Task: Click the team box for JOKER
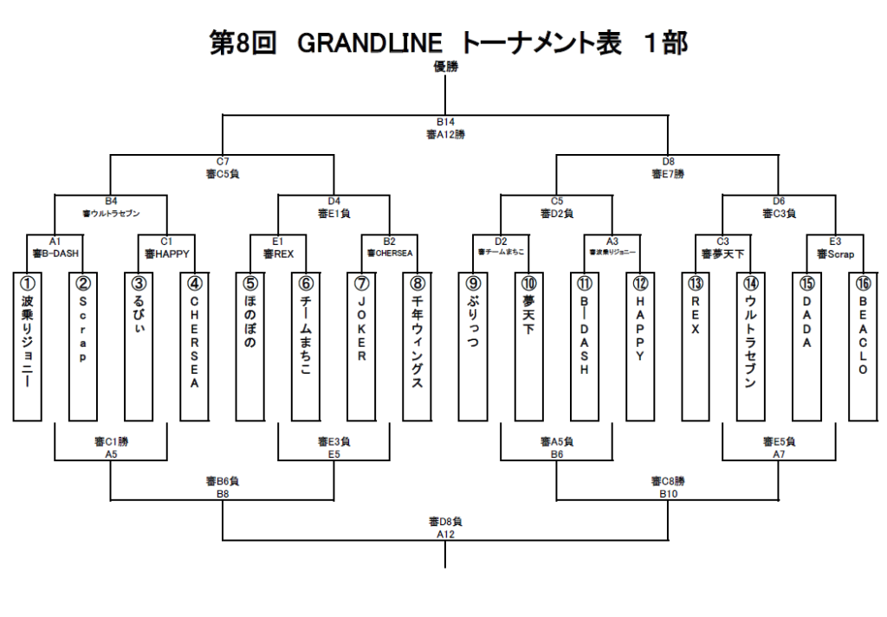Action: (x=361, y=346)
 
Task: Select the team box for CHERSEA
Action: (x=194, y=346)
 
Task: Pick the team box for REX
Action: (x=696, y=346)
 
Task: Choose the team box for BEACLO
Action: (x=863, y=346)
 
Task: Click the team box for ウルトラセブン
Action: (x=751, y=346)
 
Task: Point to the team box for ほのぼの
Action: (x=250, y=346)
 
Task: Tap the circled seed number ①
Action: (x=27, y=283)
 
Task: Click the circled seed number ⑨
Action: (x=473, y=283)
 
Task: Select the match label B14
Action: (x=445, y=124)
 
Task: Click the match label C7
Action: (x=223, y=162)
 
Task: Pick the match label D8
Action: (x=668, y=162)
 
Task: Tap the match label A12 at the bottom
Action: (x=445, y=534)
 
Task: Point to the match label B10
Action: (x=668, y=493)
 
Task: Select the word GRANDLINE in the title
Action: (x=370, y=42)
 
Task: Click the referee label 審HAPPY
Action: (x=166, y=254)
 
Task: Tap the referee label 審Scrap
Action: (x=835, y=254)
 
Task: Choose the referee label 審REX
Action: (x=278, y=254)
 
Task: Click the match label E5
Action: (x=333, y=453)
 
